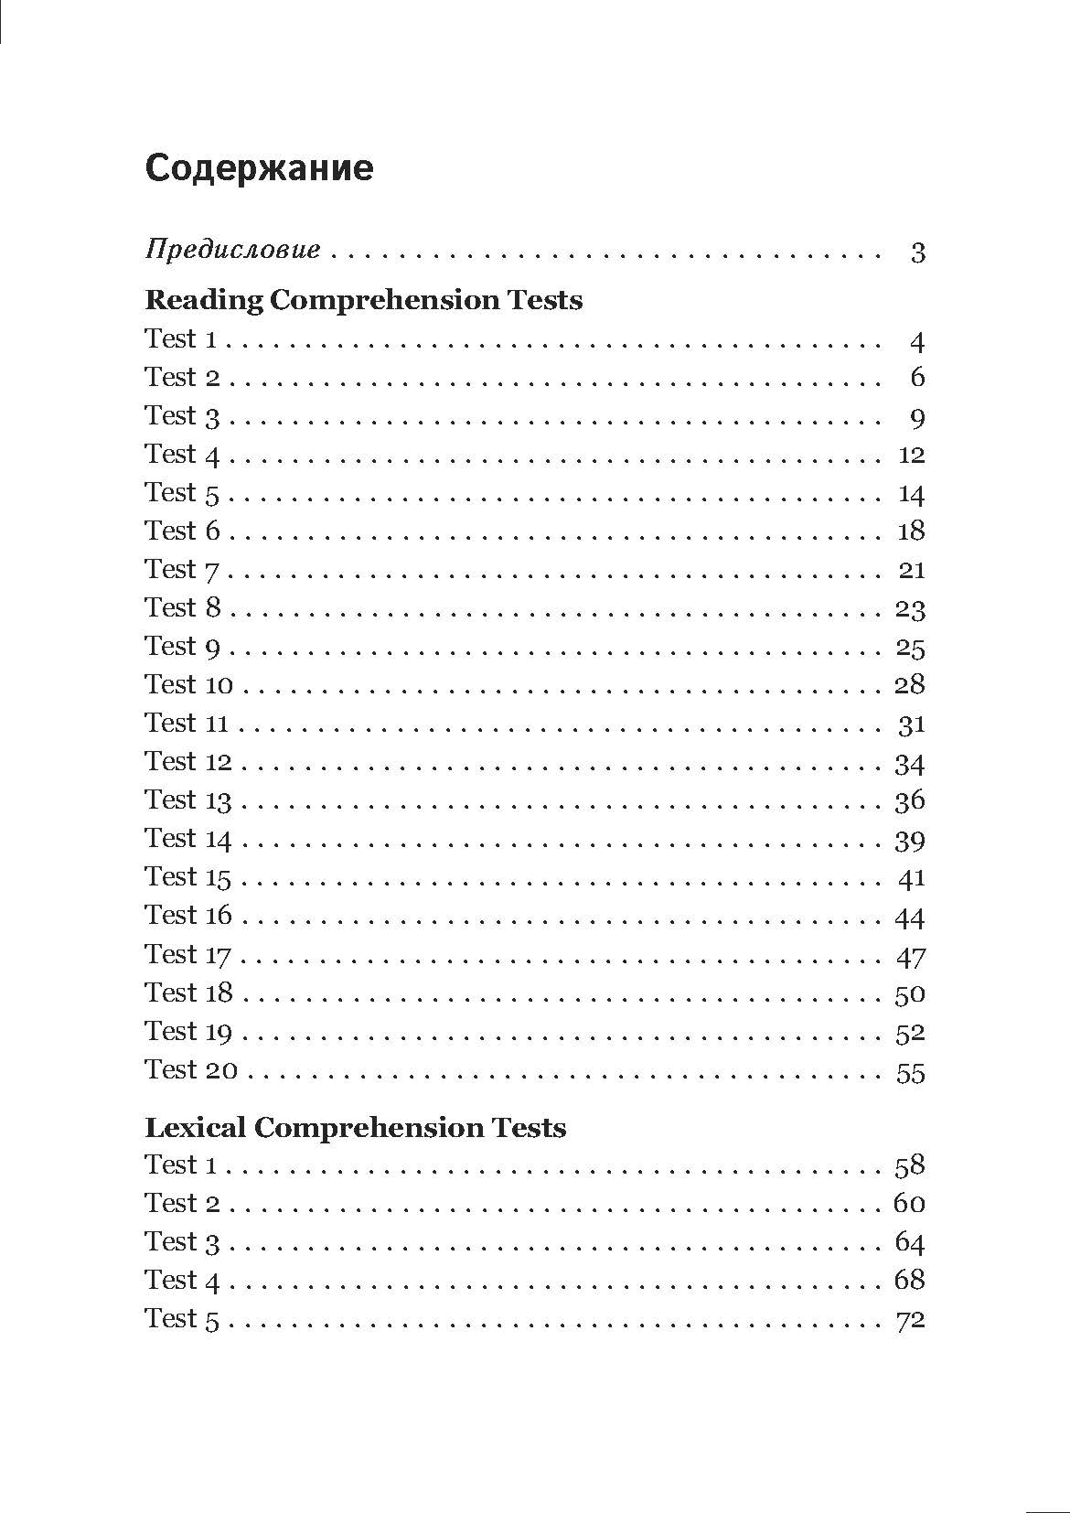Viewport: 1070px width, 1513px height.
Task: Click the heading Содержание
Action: point(259,168)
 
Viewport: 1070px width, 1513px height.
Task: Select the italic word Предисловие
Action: point(233,250)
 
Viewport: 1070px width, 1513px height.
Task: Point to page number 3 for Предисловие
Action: point(917,252)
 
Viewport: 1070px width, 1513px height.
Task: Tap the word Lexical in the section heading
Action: point(195,1127)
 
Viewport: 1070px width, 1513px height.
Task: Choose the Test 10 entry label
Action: point(189,684)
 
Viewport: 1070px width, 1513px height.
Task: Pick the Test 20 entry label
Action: point(191,1069)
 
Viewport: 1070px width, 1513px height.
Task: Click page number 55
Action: point(911,1072)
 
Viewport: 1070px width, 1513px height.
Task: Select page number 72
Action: point(911,1319)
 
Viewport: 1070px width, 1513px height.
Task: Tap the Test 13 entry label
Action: point(188,800)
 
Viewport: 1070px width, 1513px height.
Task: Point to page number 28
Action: point(911,685)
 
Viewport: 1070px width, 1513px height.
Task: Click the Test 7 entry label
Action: point(183,570)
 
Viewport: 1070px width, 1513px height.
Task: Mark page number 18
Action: point(912,531)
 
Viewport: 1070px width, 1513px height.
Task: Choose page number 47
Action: point(911,957)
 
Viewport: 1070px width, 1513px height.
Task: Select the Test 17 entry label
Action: point(188,955)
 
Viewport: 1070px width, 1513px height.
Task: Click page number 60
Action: point(910,1203)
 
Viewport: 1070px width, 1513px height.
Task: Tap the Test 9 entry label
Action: point(183,647)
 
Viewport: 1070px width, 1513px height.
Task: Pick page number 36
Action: point(911,801)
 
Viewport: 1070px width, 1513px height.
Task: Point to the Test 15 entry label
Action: point(188,877)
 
